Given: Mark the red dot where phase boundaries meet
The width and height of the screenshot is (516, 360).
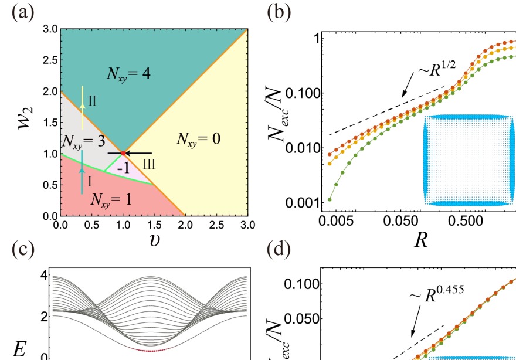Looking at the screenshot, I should pos(123,153).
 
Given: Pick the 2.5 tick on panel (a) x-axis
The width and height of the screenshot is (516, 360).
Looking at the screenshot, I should pos(216,225).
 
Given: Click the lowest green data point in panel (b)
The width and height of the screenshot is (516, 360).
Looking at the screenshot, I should pos(330,199).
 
